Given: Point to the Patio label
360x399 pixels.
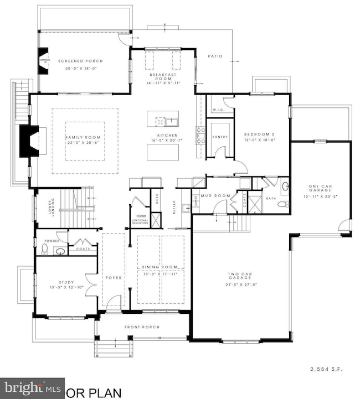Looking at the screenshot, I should (x=215, y=56).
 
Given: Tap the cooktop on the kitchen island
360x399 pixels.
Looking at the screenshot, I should (x=159, y=122).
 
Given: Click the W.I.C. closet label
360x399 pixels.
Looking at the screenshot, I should (x=215, y=108).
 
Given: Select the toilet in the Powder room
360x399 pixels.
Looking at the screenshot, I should (x=44, y=251).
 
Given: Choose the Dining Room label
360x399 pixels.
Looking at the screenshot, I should (x=159, y=267).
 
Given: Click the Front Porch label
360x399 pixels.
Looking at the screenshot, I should (x=142, y=327).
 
